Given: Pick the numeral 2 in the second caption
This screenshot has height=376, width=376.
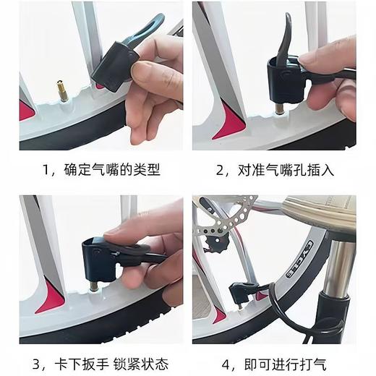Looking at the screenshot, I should point(221,171).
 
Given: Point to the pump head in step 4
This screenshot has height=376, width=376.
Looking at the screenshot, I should point(239,292).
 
